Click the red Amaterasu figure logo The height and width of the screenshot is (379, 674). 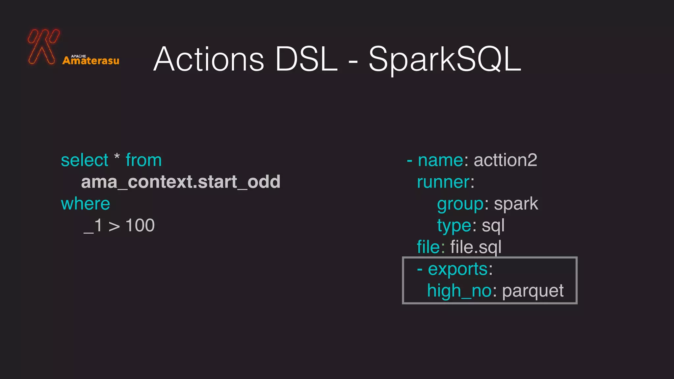pyautogui.click(x=43, y=46)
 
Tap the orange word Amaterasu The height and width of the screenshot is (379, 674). pyautogui.click(x=91, y=61)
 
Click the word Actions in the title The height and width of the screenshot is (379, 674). pyautogui.click(x=209, y=59)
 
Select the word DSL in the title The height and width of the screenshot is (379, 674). pyautogui.click(x=306, y=59)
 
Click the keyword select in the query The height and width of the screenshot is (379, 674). pyautogui.click(x=85, y=161)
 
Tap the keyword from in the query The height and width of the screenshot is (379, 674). pyautogui.click(x=144, y=160)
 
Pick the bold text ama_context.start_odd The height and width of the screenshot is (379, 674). pyautogui.click(x=181, y=182)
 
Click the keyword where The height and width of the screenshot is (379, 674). pyautogui.click(x=86, y=204)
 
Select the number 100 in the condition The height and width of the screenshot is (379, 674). pyautogui.click(x=140, y=226)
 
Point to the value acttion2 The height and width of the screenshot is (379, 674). pyautogui.click(x=505, y=160)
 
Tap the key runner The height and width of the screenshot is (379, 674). pyautogui.click(x=443, y=182)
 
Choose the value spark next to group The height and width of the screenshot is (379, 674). pyautogui.click(x=516, y=204)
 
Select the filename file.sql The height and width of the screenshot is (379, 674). pyautogui.click(x=476, y=247)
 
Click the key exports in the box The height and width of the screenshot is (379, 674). pyautogui.click(x=457, y=269)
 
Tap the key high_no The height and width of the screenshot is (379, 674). pyautogui.click(x=459, y=291)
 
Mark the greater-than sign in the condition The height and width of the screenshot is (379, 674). pyautogui.click(x=114, y=226)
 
